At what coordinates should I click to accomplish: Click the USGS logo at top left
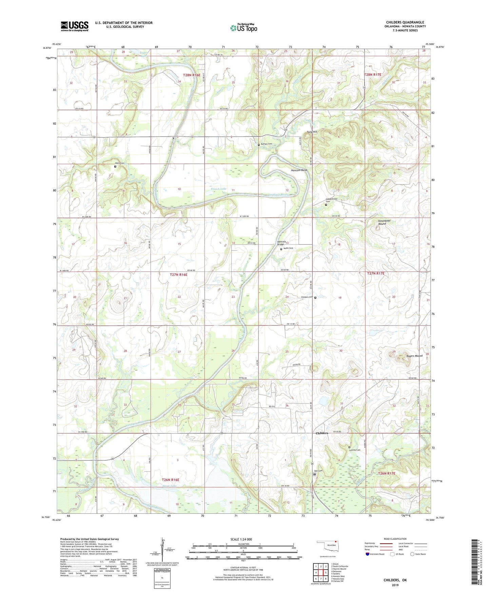75,26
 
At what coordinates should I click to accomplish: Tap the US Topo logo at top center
243,28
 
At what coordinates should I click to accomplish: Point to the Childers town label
321,433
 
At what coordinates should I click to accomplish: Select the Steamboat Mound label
384,222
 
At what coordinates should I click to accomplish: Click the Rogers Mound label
414,356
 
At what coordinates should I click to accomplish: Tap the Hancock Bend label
299,170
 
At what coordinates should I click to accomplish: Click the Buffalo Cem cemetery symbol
259,145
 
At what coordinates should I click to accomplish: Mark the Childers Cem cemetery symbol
315,298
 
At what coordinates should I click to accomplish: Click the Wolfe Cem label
288,248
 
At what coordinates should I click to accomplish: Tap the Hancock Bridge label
281,243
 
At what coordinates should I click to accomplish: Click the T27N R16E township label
178,275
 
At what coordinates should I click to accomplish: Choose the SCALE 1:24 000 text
243,539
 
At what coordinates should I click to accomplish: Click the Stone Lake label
170,486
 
